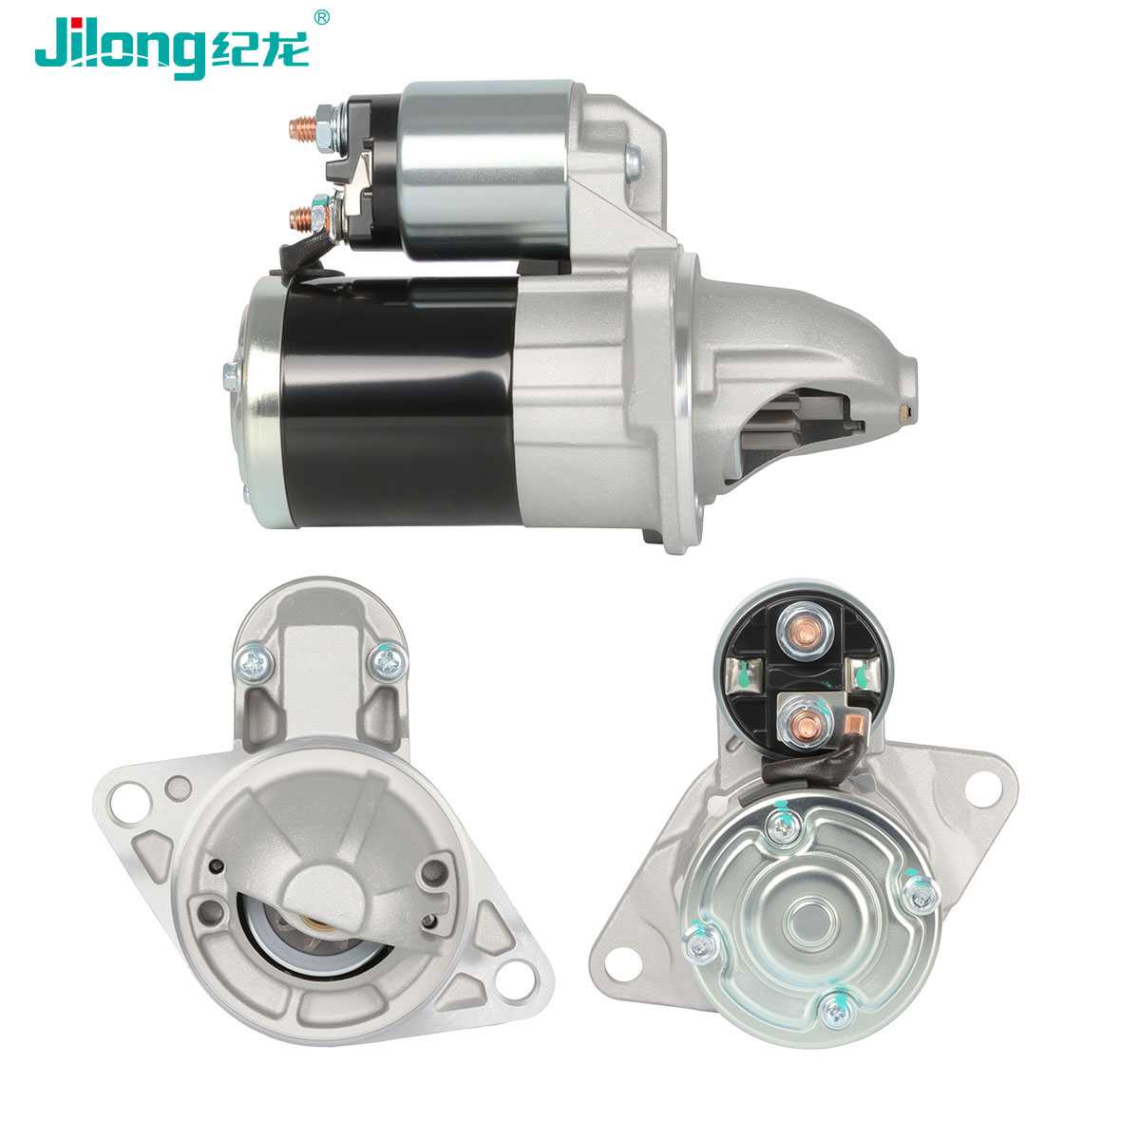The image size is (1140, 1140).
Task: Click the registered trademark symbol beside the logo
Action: (x=321, y=17)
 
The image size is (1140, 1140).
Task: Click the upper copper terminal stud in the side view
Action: (x=302, y=128)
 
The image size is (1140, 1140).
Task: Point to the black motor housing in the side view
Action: (x=400, y=401)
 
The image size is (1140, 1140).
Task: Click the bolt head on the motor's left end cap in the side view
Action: (x=231, y=376)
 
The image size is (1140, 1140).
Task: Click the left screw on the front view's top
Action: (x=254, y=664)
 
